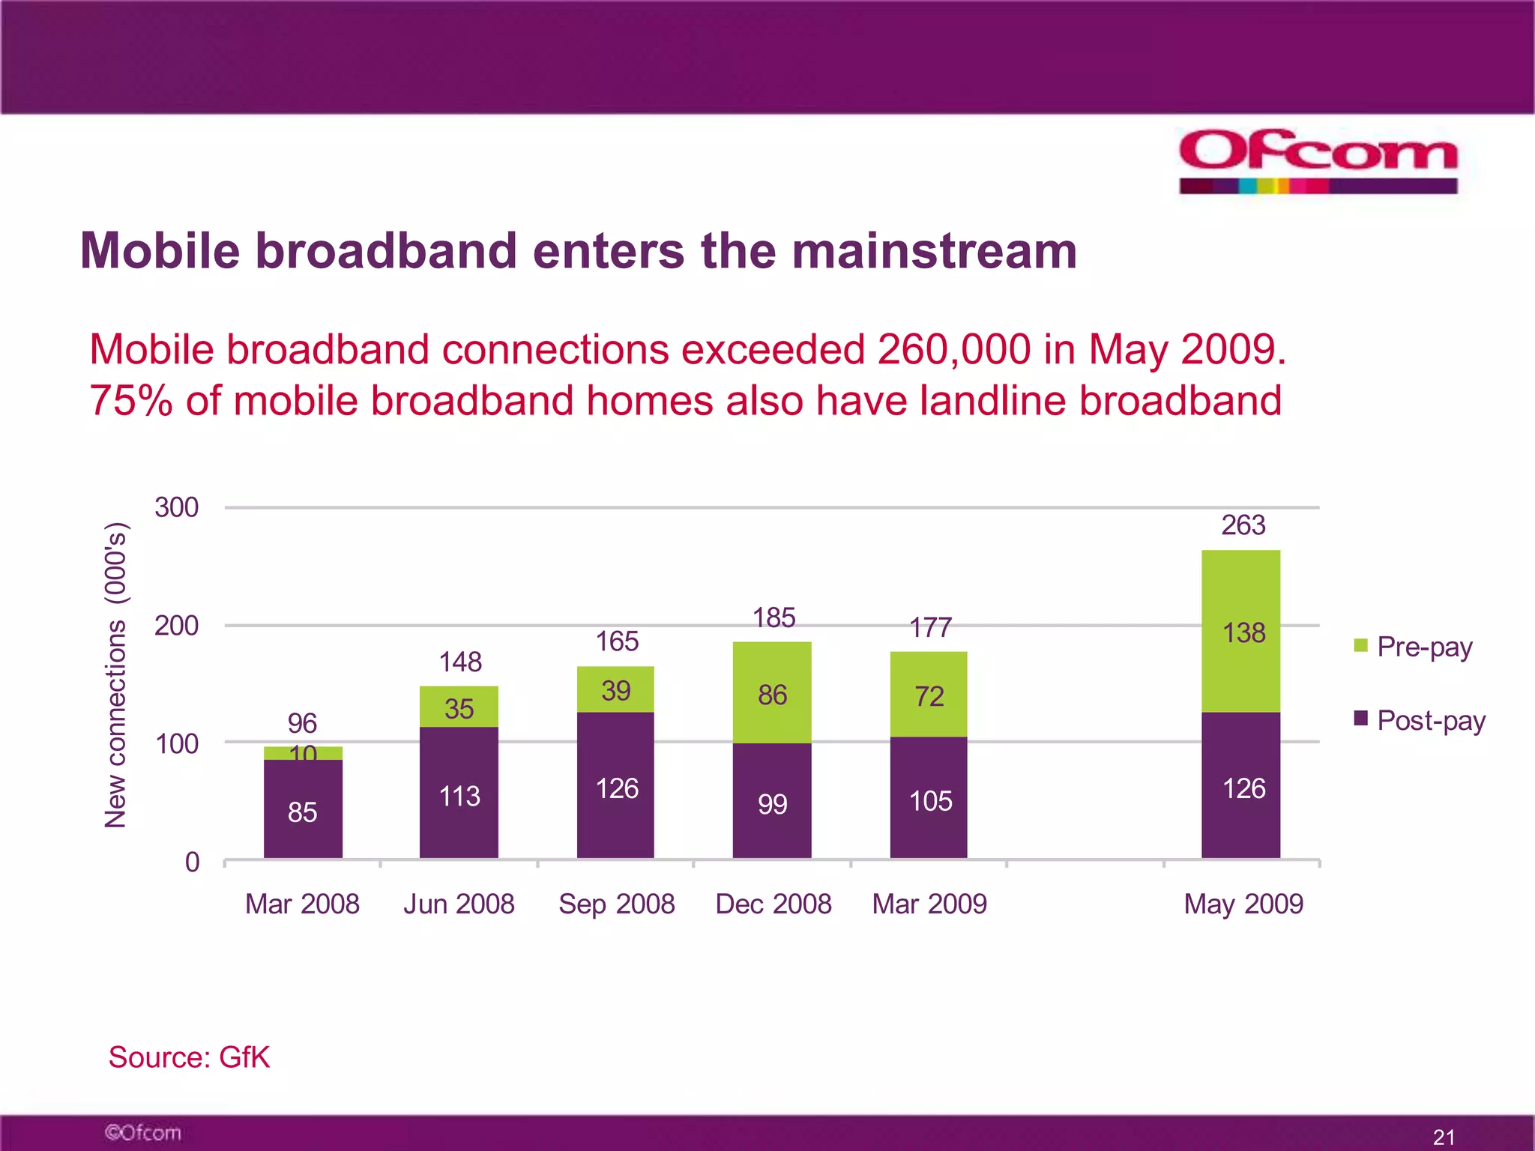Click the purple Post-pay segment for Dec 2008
[772, 802]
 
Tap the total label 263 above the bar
[1243, 525]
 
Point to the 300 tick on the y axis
[177, 507]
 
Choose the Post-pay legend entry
[1420, 720]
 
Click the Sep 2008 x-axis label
[616, 904]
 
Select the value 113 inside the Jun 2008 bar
[459, 796]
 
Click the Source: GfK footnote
[189, 1057]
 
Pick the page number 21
[1444, 1137]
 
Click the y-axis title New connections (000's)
[116, 674]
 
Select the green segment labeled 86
[772, 695]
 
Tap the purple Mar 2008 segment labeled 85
[303, 812]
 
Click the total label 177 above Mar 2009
[930, 627]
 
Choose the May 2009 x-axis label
[1243, 904]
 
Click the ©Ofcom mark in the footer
[143, 1132]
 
